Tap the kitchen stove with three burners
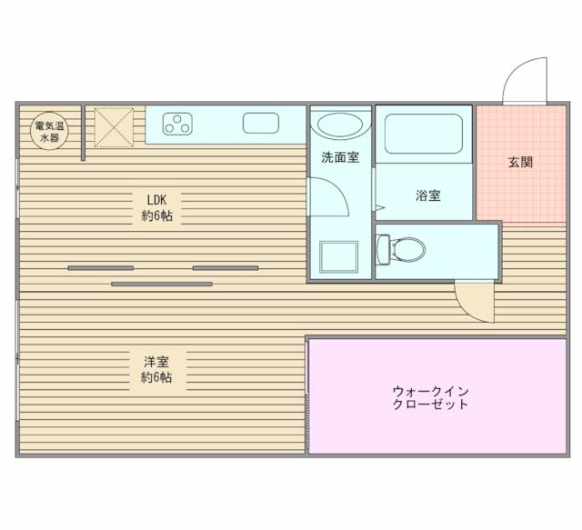pyautogui.click(x=178, y=125)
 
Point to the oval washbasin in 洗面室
pyautogui.click(x=340, y=126)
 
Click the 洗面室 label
pyautogui.click(x=339, y=157)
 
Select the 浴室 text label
pyautogui.click(x=427, y=195)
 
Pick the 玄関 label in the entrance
pyautogui.click(x=519, y=164)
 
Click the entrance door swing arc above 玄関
pyautogui.click(x=526, y=80)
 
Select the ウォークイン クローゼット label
pyautogui.click(x=430, y=397)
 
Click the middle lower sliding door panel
pyautogui.click(x=162, y=284)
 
